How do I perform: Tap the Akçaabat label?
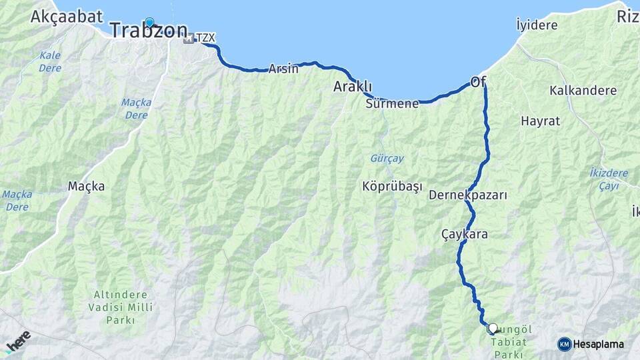[66, 15]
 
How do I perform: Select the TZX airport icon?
[189, 39]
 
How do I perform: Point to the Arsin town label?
[283, 69]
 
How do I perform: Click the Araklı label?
[353, 87]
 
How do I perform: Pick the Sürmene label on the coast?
[392, 103]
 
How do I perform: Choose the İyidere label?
[537, 25]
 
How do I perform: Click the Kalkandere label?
[583, 90]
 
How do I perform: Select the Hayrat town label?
[540, 121]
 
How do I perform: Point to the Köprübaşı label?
[392, 187]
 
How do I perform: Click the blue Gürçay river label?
[386, 159]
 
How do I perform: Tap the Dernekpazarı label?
[468, 195]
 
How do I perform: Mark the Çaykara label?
[464, 235]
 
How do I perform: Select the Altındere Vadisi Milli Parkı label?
[120, 307]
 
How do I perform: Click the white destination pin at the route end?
[493, 327]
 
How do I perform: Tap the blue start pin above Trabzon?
[149, 21]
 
